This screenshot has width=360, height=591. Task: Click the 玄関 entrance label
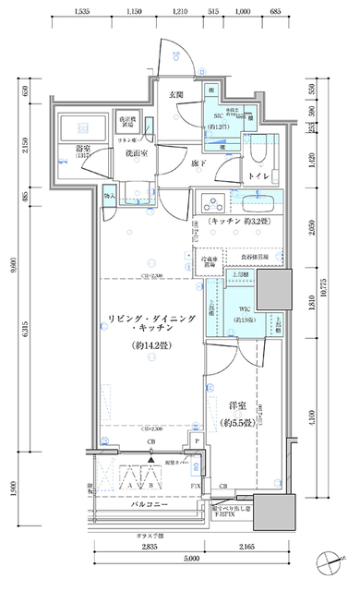pos(175,95)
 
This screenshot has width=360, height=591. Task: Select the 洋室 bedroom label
pos(234,405)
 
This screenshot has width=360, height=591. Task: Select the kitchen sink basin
pos(260,203)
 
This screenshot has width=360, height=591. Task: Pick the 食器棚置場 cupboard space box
pos(253,258)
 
